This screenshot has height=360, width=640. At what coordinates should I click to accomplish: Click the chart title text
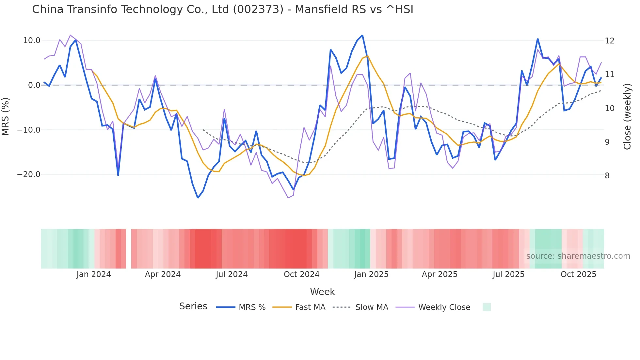click(x=222, y=9)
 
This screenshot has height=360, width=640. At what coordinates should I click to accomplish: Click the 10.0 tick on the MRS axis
click(x=31, y=41)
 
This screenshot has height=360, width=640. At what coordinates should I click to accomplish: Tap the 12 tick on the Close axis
click(x=609, y=41)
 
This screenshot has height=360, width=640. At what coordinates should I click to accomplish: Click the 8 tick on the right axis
click(x=607, y=176)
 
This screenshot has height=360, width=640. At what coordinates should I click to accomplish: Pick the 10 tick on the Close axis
click(x=609, y=108)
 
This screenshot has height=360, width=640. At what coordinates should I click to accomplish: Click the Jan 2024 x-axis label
click(x=93, y=274)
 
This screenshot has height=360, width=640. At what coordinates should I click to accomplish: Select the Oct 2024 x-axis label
click(x=301, y=274)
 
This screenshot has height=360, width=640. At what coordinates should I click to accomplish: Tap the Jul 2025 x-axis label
click(x=508, y=274)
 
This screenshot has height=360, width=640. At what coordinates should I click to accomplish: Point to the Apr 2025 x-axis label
click(x=439, y=274)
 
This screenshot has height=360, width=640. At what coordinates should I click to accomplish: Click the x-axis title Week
click(x=322, y=292)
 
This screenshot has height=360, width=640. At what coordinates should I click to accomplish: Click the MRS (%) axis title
click(x=6, y=116)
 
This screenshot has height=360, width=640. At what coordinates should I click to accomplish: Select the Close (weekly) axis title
click(x=627, y=116)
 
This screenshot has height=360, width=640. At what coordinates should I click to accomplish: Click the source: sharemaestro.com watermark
click(x=578, y=256)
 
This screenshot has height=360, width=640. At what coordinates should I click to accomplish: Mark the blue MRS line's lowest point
click(x=198, y=198)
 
